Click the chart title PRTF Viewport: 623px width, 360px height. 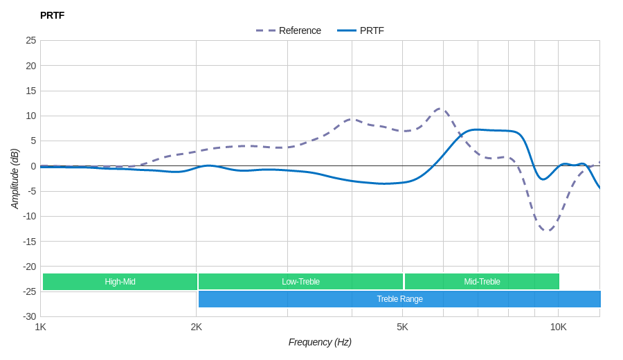52,15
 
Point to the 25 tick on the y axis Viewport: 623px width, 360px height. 31,40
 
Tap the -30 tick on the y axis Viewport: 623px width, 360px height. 29,316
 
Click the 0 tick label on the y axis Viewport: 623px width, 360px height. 33,166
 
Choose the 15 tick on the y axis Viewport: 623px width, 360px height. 31,91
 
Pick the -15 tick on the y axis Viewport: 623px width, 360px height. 29,242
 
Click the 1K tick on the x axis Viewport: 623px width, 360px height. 41,327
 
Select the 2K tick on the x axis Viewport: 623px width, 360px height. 197,327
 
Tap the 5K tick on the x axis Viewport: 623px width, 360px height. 402,327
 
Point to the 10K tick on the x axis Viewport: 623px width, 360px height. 558,327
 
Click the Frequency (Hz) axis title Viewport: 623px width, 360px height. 320,342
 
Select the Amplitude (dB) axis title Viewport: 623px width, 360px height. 15,179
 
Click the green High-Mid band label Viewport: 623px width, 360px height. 120,282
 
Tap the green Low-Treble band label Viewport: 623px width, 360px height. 300,282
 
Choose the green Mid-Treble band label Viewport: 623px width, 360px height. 482,282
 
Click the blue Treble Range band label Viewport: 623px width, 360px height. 399,299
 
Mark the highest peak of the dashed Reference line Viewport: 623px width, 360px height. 440,108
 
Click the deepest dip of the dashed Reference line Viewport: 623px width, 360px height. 547,230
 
